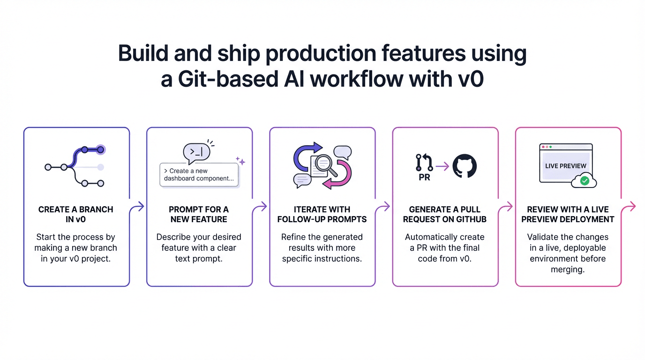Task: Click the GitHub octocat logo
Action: click(465, 166)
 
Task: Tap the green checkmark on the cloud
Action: click(584, 180)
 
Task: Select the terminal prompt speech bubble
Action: click(196, 151)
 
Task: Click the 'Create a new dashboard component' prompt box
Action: click(199, 175)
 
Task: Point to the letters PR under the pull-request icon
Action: click(424, 178)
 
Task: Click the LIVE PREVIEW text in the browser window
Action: click(566, 166)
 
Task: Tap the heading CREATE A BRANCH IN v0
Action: click(76, 214)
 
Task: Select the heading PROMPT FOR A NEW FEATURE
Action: click(199, 214)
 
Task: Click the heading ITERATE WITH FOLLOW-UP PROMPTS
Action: click(322, 214)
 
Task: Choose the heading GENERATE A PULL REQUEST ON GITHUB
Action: click(445, 214)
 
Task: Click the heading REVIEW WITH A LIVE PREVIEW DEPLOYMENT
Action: click(568, 214)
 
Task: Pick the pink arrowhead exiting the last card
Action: click(632, 206)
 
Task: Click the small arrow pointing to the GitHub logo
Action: click(442, 165)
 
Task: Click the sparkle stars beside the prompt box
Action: click(240, 161)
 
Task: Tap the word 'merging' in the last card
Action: click(568, 270)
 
